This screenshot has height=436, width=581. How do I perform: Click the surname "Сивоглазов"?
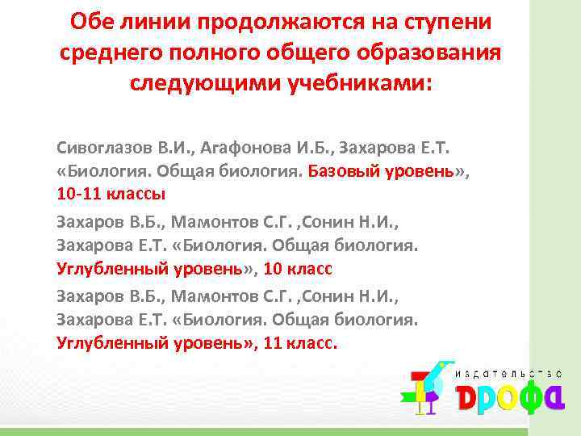[102, 149]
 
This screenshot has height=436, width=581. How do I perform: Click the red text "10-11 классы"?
[111, 195]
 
